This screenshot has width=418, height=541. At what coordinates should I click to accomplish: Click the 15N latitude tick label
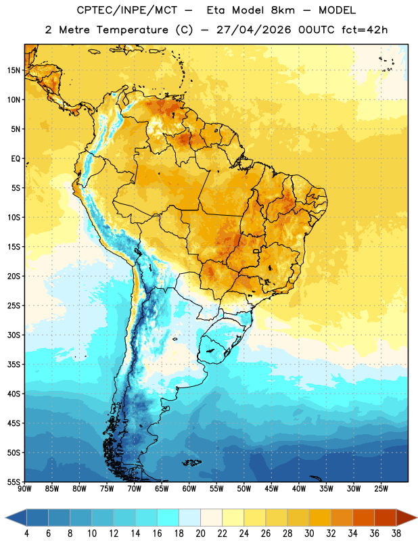[x=14, y=70]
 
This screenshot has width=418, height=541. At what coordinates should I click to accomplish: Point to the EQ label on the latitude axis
[x=16, y=159]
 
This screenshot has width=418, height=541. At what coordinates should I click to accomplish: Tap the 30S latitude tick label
[x=14, y=335]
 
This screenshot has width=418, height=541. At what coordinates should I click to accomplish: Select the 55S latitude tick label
[x=14, y=481]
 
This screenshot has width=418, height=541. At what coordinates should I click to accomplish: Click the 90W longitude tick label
[x=24, y=489]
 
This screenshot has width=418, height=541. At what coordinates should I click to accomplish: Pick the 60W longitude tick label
[x=189, y=489]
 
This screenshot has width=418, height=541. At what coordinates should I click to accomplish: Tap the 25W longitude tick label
[x=381, y=489]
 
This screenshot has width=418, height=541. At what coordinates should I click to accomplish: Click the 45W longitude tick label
[x=271, y=489]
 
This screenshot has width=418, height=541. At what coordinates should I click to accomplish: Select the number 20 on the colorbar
[x=200, y=534]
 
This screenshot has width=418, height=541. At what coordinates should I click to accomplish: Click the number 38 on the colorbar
[x=396, y=534]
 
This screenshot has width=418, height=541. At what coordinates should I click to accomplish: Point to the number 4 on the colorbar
[x=26, y=534]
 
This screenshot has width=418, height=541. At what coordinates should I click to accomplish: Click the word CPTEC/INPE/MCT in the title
[x=127, y=10]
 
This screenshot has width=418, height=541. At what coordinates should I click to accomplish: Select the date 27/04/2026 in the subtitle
[x=254, y=30]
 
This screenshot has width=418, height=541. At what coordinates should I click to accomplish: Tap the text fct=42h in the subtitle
[x=365, y=30]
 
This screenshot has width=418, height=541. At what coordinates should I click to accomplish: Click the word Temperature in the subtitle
[x=133, y=30]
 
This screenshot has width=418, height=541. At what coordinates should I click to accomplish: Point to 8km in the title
[x=283, y=10]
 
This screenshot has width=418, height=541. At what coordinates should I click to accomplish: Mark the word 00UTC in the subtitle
[x=316, y=30]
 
